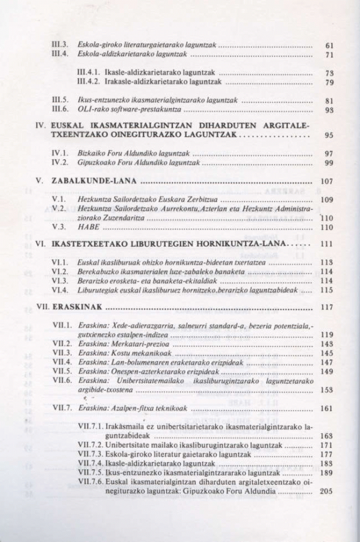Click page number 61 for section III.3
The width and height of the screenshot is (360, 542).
pos(328,45)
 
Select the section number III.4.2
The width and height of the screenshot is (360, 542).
pos(91,82)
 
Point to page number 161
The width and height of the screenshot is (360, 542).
pos(326,408)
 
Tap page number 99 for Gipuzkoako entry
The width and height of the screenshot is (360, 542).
pos(328,163)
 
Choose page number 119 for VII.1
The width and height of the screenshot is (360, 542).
pos(326,334)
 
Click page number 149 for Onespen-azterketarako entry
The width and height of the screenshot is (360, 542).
pos(326,372)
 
